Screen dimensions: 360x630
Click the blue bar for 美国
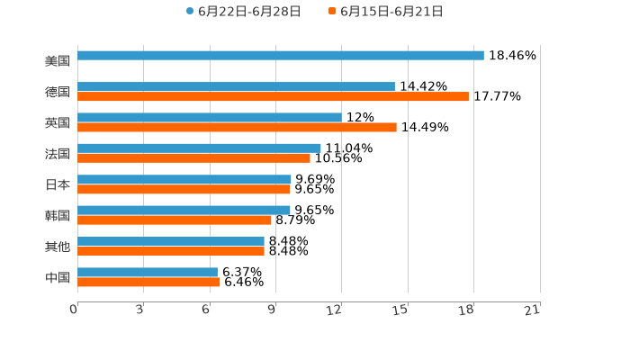281,56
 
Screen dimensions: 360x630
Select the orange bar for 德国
273,97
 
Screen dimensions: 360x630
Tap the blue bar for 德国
236,87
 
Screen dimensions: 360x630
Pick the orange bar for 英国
237,128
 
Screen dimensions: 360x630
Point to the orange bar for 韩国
175,220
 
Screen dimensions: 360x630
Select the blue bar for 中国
148,272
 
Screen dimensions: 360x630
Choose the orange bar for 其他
171,251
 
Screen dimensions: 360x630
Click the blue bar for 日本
184,179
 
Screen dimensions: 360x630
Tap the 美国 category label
58,61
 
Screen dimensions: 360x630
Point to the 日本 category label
58,184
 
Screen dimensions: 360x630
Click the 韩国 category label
58,215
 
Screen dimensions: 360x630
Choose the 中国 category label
58,277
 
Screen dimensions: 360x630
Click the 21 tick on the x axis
533,310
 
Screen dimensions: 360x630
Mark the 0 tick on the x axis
74,310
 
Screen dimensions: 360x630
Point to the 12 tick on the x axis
335,310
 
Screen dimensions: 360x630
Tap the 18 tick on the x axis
466,310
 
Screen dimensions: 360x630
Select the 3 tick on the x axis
140,310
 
